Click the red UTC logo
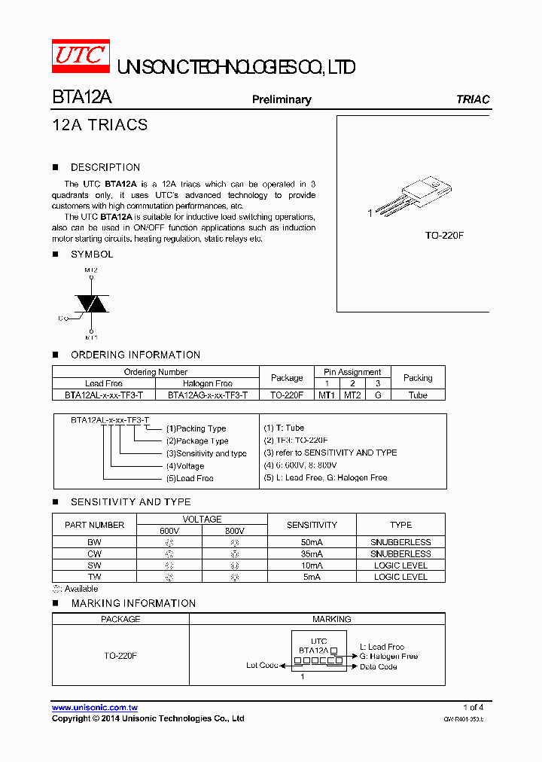pos(80,56)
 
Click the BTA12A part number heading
pos(82,99)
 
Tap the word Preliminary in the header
pos(281,99)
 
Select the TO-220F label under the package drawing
pos(444,236)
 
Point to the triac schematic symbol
pos(90,303)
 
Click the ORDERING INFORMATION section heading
pos(135,355)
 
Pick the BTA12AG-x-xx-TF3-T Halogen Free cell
pos(208,395)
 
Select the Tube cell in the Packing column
pos(418,395)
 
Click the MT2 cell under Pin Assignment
pos(352,395)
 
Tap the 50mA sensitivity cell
pos(312,542)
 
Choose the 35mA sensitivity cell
pos(312,553)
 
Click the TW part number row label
pos(94,577)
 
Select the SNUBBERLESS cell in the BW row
pos(400,542)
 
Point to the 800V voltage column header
pos(234,531)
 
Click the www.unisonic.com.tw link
pos(95,708)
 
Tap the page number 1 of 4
pos(473,707)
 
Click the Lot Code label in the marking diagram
pos(262,666)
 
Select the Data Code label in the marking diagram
pos(378,666)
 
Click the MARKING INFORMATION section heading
pos(133,603)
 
